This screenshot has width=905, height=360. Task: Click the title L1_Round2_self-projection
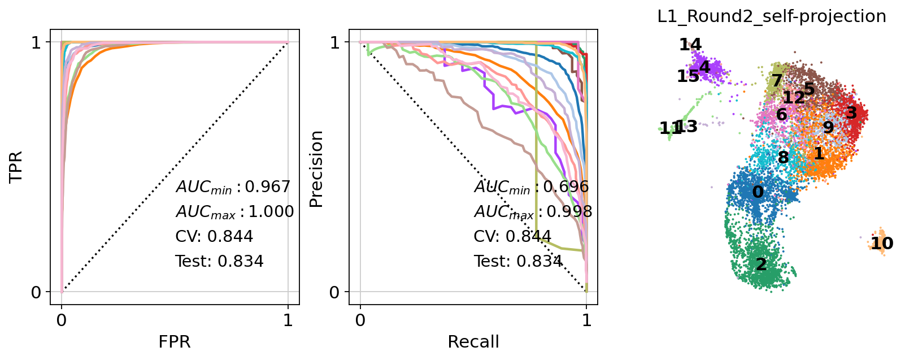[772, 16]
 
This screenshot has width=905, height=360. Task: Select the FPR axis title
[175, 342]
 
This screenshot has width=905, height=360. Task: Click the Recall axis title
[473, 342]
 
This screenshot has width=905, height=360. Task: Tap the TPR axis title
[16, 167]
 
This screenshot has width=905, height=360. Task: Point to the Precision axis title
[316, 169]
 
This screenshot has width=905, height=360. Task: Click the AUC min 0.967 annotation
[233, 186]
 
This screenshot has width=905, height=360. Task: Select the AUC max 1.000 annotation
[234, 211]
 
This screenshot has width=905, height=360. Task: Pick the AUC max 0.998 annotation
[533, 211]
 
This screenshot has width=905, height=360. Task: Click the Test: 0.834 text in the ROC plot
[219, 261]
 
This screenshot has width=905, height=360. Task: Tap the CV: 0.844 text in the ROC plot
[214, 236]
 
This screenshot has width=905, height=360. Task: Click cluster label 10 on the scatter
[881, 244]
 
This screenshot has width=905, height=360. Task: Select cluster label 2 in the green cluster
[761, 264]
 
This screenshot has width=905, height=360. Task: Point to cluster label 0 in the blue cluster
[758, 192]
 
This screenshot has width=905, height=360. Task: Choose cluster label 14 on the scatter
[690, 44]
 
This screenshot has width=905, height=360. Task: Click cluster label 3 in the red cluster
[851, 113]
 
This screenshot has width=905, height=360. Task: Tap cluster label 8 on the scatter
[783, 157]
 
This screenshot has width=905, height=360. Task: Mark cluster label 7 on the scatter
[777, 81]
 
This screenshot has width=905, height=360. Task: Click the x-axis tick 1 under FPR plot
[288, 320]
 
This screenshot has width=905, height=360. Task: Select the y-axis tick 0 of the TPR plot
[36, 292]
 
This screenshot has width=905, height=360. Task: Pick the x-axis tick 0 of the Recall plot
[360, 320]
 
